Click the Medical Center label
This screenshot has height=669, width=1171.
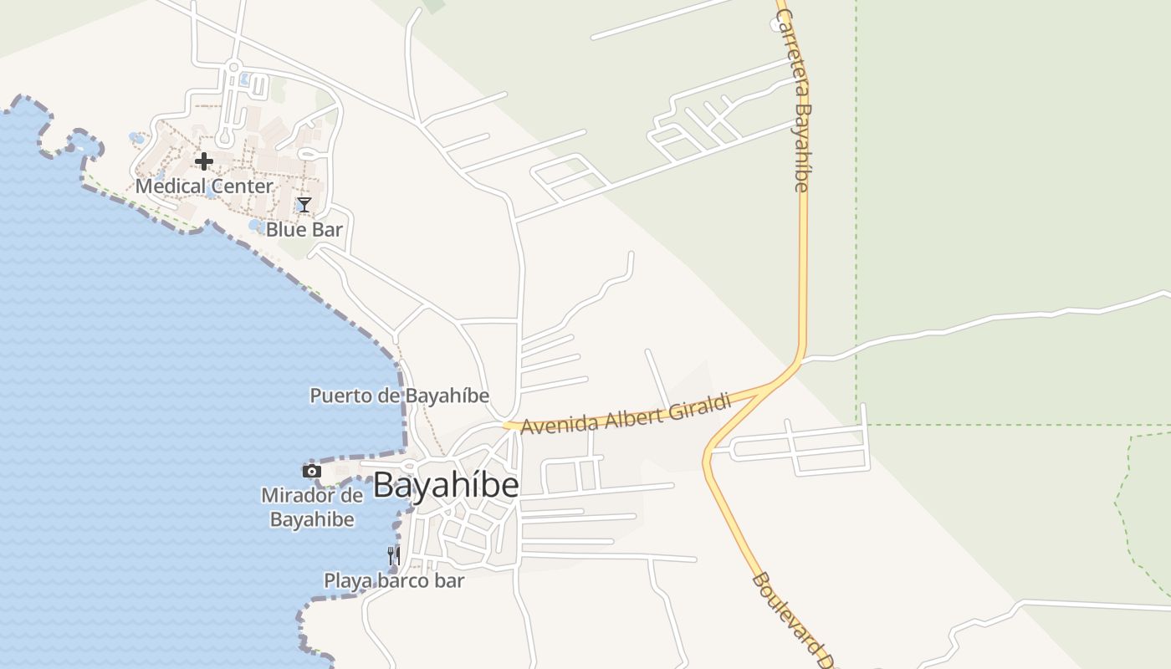(x=204, y=186)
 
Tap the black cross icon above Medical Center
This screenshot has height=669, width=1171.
(x=203, y=161)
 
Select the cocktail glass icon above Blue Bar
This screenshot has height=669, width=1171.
(x=304, y=205)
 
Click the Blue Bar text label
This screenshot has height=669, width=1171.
(x=304, y=229)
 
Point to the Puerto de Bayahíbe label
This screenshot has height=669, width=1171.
(x=399, y=396)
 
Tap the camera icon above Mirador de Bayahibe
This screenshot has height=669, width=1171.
(x=312, y=472)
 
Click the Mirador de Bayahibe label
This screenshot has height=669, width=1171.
(x=312, y=507)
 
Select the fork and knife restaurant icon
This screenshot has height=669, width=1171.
(x=393, y=555)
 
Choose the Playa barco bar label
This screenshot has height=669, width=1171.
(x=394, y=580)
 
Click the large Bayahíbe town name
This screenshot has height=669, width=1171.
(x=446, y=486)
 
